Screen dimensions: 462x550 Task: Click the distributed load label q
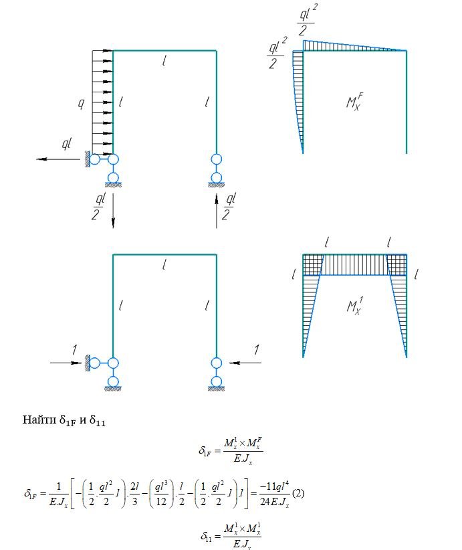(81, 104)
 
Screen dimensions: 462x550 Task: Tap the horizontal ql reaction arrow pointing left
(59, 159)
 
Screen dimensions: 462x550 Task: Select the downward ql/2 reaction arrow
(113, 211)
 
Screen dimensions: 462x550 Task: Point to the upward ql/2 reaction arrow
(216, 211)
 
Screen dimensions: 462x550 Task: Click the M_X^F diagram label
(354, 102)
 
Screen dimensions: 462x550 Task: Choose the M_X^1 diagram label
(354, 306)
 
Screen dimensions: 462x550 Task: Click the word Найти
(39, 420)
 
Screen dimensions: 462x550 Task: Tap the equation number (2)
(298, 493)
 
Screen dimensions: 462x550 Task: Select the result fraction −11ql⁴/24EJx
(275, 494)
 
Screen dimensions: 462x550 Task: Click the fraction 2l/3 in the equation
(134, 494)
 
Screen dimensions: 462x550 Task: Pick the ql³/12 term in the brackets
(161, 494)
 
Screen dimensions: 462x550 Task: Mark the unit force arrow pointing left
(245, 363)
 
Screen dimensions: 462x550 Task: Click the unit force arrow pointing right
(66, 363)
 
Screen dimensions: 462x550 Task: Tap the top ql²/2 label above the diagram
(307, 20)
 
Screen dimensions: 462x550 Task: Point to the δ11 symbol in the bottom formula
(206, 536)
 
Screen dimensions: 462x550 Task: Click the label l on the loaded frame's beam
(164, 61)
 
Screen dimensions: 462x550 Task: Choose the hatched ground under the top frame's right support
(216, 185)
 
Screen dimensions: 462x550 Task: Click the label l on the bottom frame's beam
(164, 264)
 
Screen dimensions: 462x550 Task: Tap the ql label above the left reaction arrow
(67, 143)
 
